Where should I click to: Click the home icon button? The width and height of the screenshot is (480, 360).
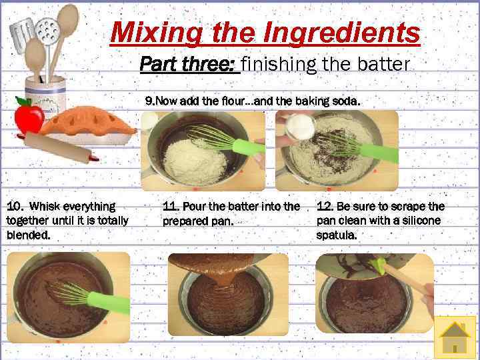[455, 337]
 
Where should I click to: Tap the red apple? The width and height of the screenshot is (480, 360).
[29, 117]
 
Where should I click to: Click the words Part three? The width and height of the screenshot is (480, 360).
[187, 64]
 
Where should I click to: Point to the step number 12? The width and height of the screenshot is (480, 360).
[324, 206]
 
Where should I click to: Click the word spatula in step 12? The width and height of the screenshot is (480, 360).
[337, 235]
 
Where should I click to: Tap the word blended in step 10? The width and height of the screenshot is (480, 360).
[28, 235]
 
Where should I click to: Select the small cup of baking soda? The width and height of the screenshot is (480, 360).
[300, 127]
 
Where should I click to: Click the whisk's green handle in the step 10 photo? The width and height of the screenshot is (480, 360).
[109, 303]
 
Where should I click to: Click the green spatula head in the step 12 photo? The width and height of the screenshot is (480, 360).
[378, 265]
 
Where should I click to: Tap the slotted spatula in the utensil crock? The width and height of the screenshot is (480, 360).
[21, 35]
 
